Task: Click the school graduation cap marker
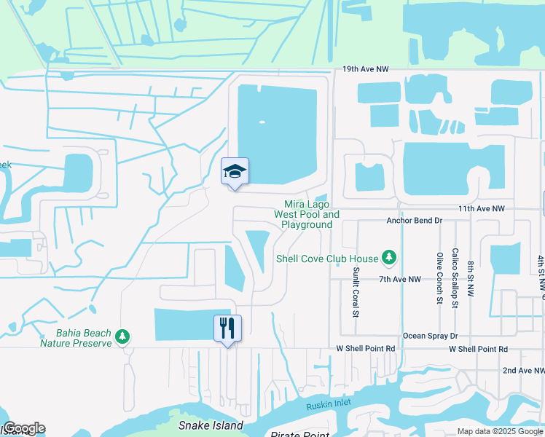(x=235, y=172)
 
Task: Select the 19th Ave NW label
(x=366, y=69)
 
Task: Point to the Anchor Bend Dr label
(x=414, y=220)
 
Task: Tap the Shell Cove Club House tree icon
(x=390, y=258)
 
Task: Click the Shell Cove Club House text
(x=327, y=259)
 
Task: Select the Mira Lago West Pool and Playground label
(x=307, y=215)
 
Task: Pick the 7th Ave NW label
(x=400, y=279)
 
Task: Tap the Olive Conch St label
(x=439, y=277)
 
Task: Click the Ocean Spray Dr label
(x=430, y=336)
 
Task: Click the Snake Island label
(x=211, y=425)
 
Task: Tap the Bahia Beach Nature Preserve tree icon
(x=124, y=336)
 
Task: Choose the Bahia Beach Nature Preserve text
(x=76, y=338)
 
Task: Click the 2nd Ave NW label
(x=524, y=371)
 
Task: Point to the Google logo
(x=24, y=428)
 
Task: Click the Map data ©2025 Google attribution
(x=499, y=431)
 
